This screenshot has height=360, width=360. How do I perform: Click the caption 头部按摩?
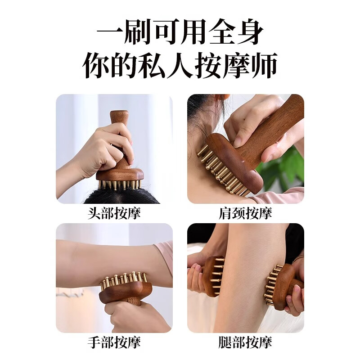click(x=114, y=213)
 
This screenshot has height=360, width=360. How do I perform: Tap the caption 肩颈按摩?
click(x=245, y=213)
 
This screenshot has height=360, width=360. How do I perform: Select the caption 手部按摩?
click(x=114, y=342)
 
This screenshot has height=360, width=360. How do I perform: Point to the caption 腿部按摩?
click(x=245, y=342)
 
